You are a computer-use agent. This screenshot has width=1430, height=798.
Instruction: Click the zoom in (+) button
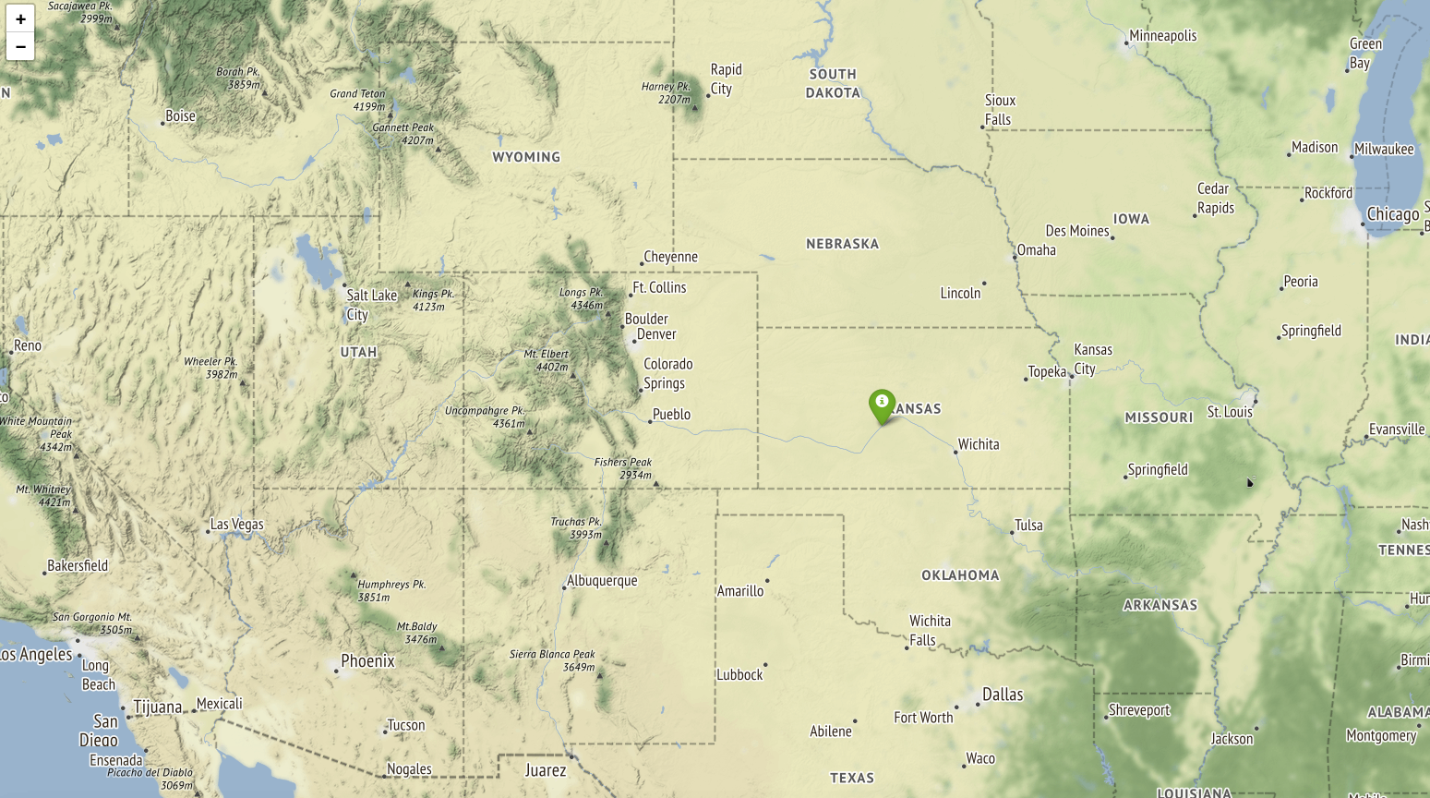20,18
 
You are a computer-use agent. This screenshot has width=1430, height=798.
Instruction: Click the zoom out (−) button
20,46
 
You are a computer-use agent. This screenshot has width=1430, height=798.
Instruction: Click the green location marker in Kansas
882,405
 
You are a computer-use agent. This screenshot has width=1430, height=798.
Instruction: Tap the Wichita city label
978,444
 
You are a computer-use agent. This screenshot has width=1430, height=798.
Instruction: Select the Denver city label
656,334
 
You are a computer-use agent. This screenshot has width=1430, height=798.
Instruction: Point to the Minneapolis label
1162,36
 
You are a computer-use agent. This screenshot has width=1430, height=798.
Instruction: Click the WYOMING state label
526,157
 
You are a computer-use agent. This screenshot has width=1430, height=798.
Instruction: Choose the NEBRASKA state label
842,244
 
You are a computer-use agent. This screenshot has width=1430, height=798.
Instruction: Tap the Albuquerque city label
602,581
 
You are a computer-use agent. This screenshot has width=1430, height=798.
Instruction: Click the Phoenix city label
367,661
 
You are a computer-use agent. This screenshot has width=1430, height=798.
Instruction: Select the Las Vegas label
236,525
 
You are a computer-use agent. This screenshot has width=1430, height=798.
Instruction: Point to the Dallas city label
1003,695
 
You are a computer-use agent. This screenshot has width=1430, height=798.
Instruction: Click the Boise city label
180,116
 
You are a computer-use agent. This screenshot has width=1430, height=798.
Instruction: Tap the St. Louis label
1230,412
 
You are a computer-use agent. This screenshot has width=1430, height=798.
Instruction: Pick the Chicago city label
1392,214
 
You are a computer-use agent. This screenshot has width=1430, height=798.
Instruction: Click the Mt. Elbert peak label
547,360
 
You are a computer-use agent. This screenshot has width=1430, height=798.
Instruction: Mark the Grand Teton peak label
357,100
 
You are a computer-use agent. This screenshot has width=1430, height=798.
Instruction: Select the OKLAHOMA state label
960,575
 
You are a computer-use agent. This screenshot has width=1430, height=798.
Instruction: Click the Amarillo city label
740,591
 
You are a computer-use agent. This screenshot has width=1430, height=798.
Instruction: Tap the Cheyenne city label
670,257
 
